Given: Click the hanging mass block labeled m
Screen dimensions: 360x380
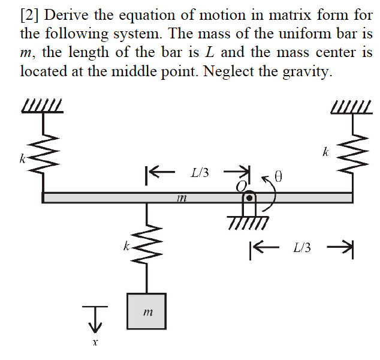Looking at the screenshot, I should (x=146, y=311).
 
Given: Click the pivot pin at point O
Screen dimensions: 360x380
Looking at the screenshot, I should (x=251, y=197).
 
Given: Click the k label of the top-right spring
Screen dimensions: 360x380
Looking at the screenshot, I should (x=324, y=152).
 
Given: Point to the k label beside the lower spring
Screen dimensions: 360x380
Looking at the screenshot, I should (x=125, y=245).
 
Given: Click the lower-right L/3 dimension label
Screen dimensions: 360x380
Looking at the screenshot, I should (x=301, y=247).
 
